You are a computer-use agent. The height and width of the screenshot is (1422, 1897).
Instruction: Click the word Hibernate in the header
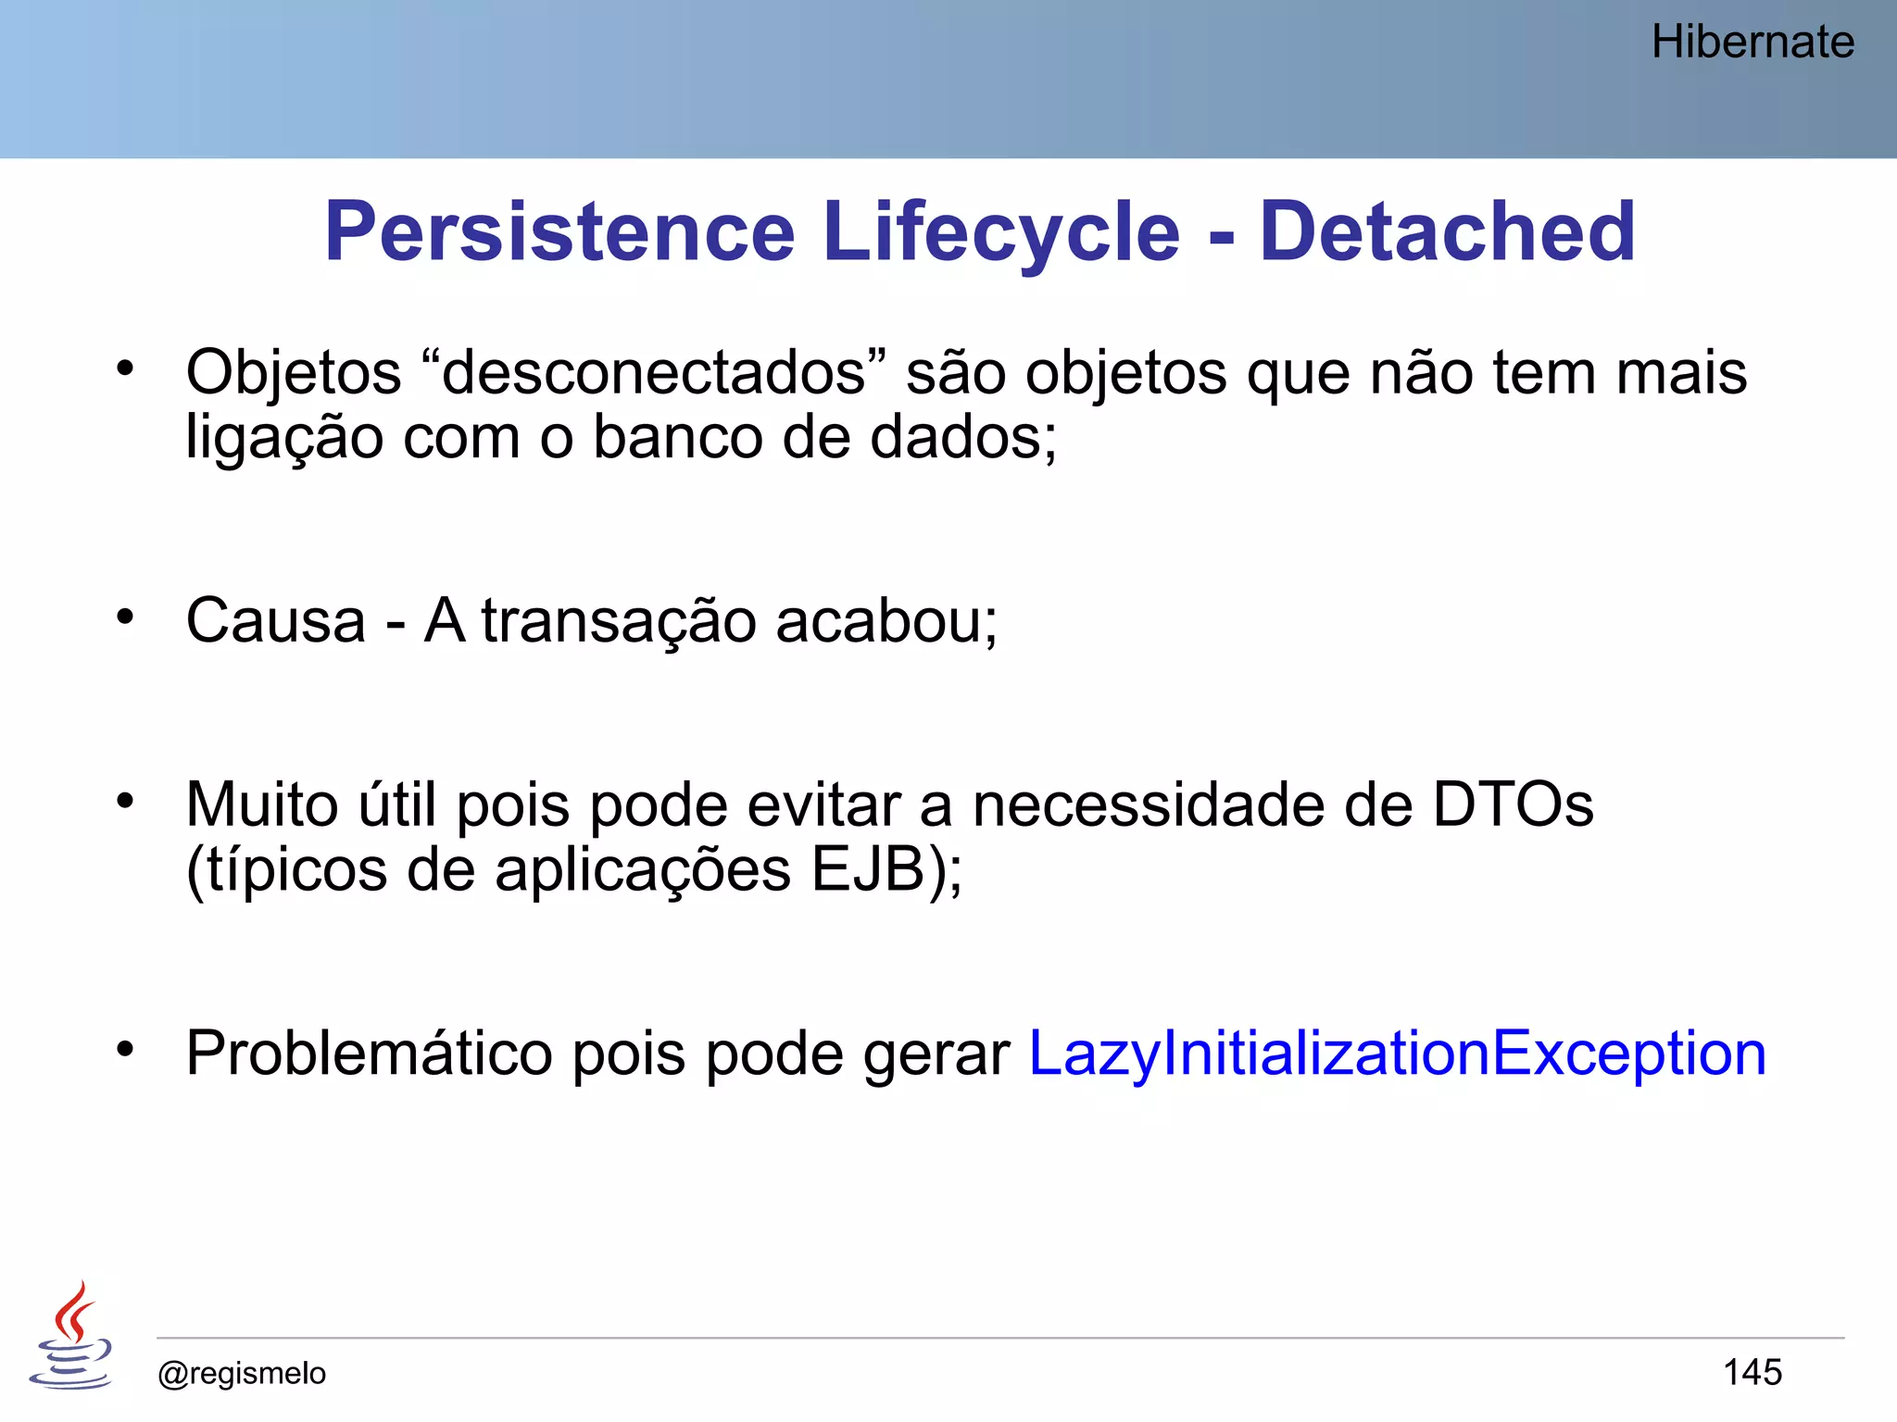point(1753,43)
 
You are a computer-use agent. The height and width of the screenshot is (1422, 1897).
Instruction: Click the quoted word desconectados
point(654,373)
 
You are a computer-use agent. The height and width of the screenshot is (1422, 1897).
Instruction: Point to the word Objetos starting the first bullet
point(294,373)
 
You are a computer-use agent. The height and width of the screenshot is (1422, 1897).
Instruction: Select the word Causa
point(276,620)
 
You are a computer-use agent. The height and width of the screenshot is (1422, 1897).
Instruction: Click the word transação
point(619,620)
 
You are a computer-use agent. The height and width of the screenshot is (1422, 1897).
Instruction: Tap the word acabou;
point(886,620)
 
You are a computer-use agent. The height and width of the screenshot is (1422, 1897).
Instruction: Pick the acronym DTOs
point(1513,805)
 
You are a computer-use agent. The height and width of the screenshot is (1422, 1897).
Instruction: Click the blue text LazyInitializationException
point(1397,1054)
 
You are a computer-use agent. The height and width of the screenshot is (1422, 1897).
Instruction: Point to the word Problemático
point(369,1054)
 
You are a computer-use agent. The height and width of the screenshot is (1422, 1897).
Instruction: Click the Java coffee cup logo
point(71,1337)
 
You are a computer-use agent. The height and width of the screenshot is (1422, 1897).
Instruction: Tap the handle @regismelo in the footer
point(242,1373)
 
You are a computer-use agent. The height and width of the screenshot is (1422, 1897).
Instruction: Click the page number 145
point(1752,1372)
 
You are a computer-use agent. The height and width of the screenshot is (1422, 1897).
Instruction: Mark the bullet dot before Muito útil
point(126,801)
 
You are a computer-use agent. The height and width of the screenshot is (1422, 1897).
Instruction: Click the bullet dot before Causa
point(126,617)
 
